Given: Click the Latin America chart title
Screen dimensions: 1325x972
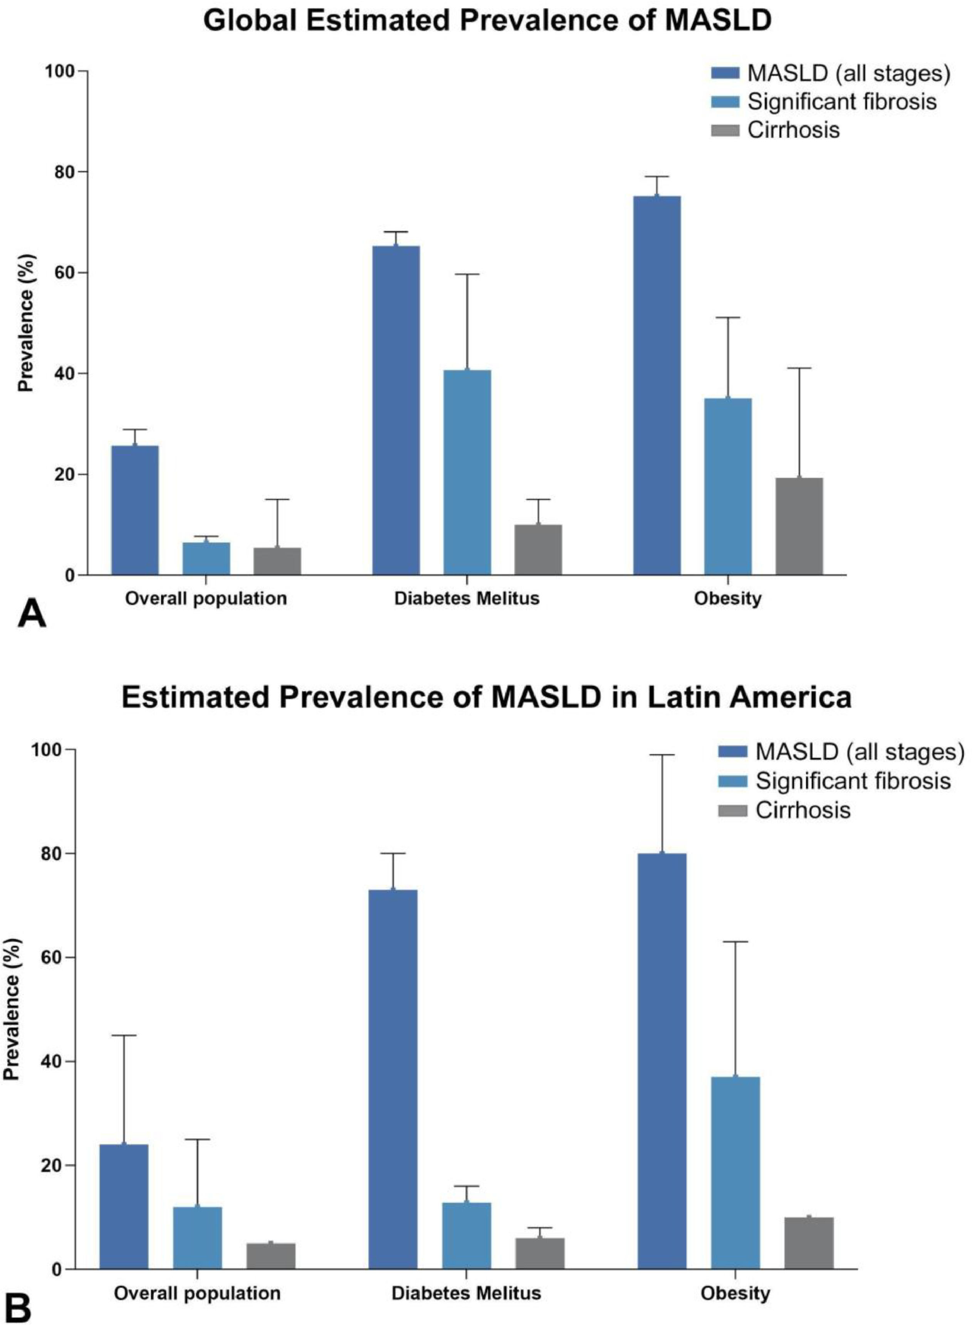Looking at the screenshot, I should (486, 698).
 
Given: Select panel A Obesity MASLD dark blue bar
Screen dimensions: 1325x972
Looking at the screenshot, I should (656, 385).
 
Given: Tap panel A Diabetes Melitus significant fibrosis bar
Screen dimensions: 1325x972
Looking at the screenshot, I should (467, 472).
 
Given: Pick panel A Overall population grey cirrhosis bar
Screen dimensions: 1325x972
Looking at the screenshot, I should (277, 561).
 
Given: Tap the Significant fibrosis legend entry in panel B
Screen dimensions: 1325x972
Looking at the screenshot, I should (853, 781).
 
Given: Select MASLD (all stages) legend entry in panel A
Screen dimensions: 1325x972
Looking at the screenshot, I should (848, 74).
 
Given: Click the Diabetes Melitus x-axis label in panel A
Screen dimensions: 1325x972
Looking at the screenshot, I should (467, 599).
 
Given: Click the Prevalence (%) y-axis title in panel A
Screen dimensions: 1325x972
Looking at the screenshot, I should (25, 323).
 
